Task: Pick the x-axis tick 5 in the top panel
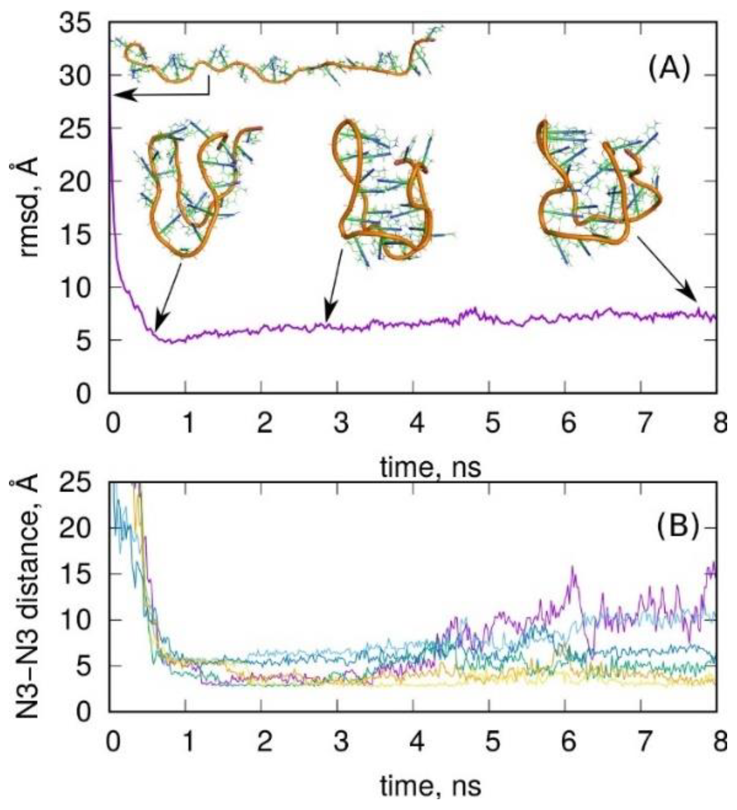click(x=494, y=424)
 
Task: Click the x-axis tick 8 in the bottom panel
click(x=719, y=741)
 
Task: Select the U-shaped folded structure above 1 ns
click(x=198, y=189)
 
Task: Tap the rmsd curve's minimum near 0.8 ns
click(x=171, y=342)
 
